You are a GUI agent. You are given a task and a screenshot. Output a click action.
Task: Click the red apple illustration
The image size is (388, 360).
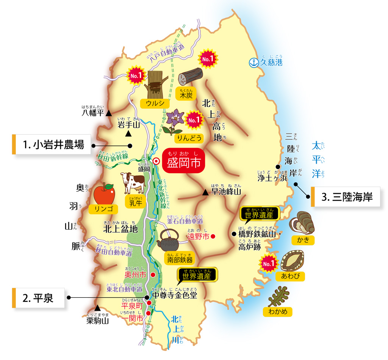103,193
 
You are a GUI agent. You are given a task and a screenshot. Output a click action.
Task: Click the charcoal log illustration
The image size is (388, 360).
191,77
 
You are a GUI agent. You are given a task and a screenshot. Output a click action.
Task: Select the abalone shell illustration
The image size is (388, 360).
293,261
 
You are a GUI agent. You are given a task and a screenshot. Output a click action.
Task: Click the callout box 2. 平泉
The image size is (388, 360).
38,298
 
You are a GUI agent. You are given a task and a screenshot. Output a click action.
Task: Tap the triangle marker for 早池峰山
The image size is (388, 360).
205,193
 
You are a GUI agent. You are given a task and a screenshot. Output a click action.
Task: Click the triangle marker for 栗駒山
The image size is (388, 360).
97,308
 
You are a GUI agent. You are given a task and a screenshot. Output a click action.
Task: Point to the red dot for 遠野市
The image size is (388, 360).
213,236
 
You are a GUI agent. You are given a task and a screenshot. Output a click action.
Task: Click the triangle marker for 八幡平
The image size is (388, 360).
109,113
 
